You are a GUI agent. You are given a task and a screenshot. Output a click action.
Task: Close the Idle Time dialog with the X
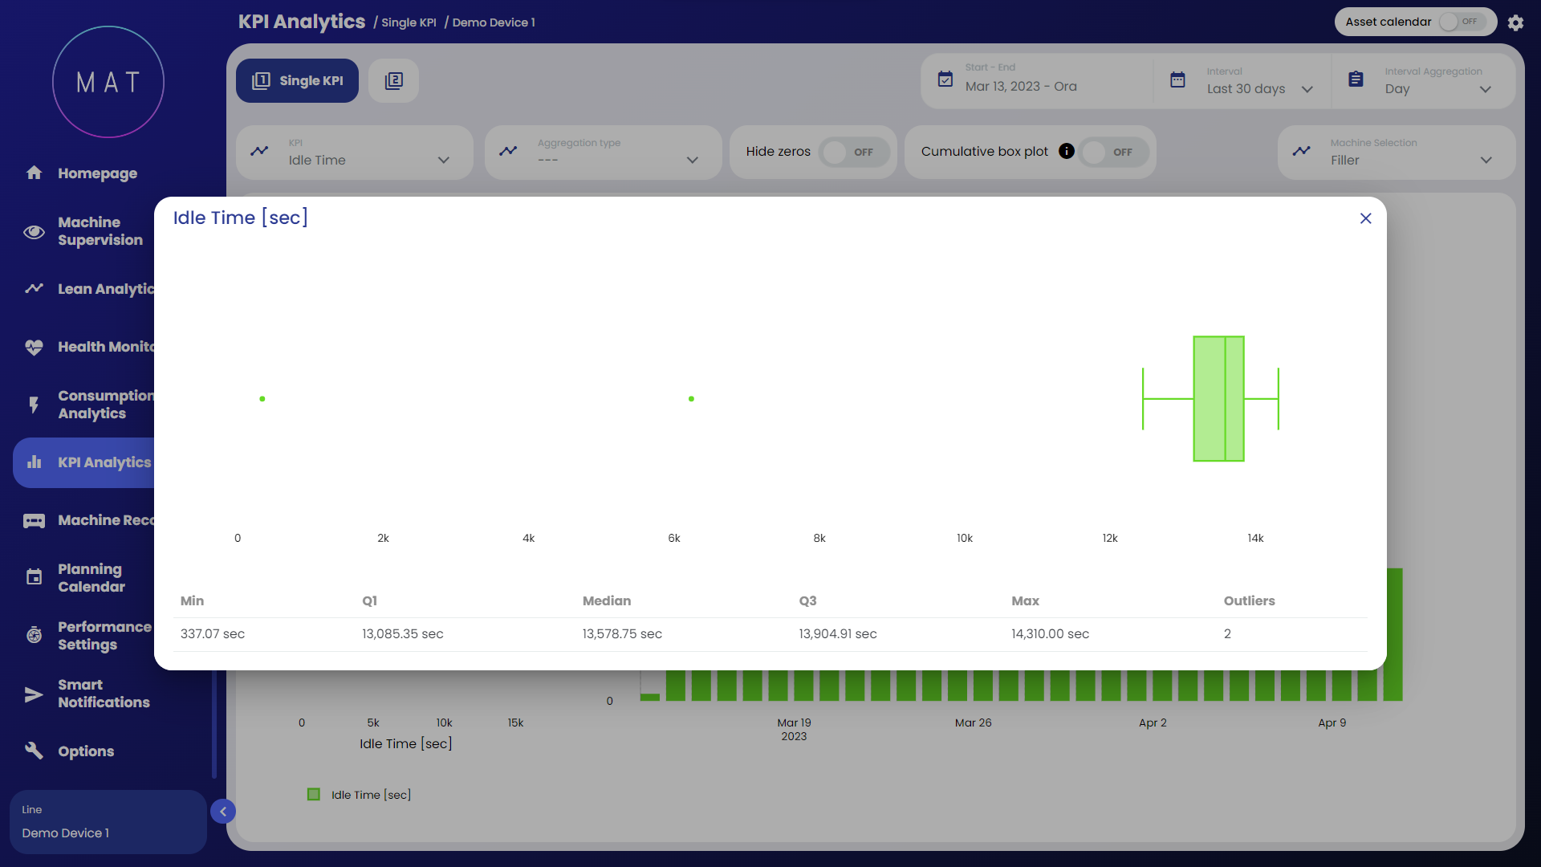(1365, 218)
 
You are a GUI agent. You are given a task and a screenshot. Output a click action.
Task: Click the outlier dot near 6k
(691, 399)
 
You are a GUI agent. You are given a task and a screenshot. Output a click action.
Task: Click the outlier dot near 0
(262, 399)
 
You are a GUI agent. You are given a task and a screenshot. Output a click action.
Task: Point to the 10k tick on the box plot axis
(964, 538)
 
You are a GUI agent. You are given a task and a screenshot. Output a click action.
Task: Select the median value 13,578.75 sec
(622, 634)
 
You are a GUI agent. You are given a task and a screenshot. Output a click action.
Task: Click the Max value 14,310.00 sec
(1050, 634)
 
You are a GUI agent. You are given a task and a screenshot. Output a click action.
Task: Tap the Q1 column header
(369, 600)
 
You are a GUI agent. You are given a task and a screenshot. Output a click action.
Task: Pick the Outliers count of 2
(1227, 634)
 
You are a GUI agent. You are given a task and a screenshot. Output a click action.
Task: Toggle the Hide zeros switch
(854, 153)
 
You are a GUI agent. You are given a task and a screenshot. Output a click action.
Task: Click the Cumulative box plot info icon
(1066, 151)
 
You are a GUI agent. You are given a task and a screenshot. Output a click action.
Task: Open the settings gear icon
(1515, 22)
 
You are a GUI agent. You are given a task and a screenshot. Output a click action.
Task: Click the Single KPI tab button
(297, 80)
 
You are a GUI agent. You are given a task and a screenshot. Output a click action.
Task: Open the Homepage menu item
(97, 173)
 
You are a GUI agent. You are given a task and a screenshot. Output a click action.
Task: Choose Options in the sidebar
(86, 751)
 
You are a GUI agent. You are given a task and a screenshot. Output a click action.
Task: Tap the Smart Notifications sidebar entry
(104, 694)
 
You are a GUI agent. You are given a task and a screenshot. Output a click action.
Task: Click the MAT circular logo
(108, 82)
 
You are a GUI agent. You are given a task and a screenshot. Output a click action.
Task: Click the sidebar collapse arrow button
(223, 812)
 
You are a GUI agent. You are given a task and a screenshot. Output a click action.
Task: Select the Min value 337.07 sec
(213, 634)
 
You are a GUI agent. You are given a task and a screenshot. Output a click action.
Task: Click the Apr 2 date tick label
(1153, 722)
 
